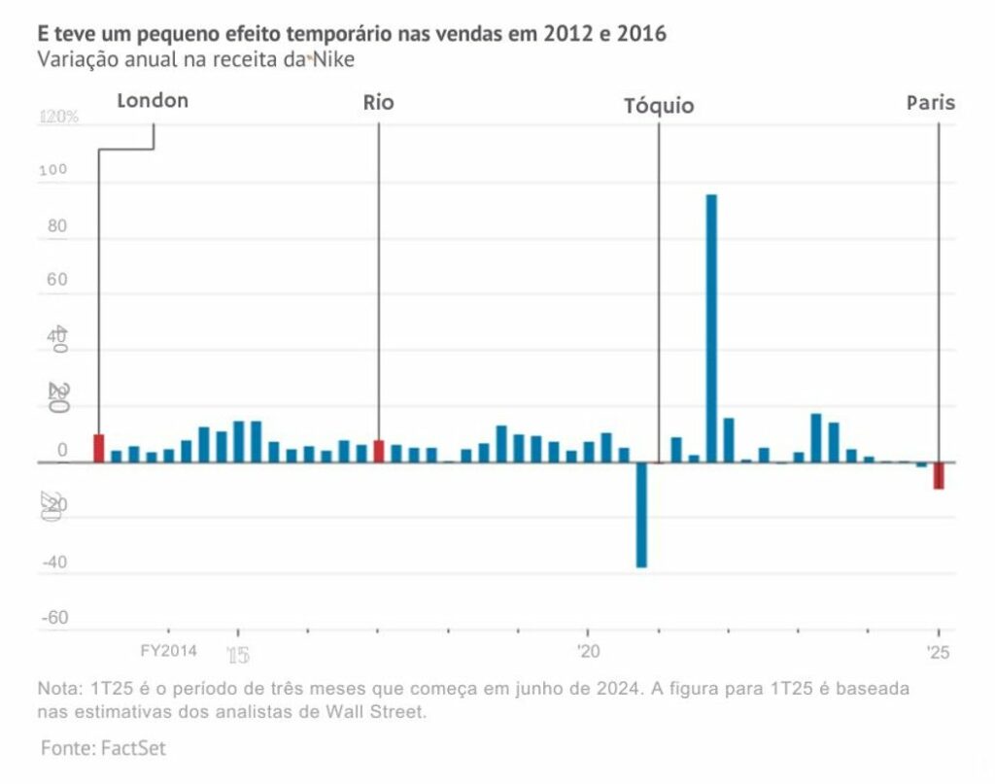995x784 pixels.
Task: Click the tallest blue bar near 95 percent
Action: [711, 328]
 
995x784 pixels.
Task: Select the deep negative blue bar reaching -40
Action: [641, 515]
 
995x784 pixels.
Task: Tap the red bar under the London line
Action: [99, 448]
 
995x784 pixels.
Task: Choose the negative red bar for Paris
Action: [939, 475]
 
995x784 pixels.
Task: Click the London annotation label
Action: [153, 100]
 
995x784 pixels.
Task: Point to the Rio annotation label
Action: [378, 102]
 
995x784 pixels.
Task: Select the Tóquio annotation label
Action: [659, 106]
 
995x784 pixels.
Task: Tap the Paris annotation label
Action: [931, 102]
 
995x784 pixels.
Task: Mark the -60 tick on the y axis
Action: [54, 618]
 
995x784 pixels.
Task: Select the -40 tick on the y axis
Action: [54, 562]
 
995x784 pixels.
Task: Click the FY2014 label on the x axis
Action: [168, 650]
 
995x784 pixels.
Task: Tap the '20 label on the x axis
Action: [587, 650]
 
